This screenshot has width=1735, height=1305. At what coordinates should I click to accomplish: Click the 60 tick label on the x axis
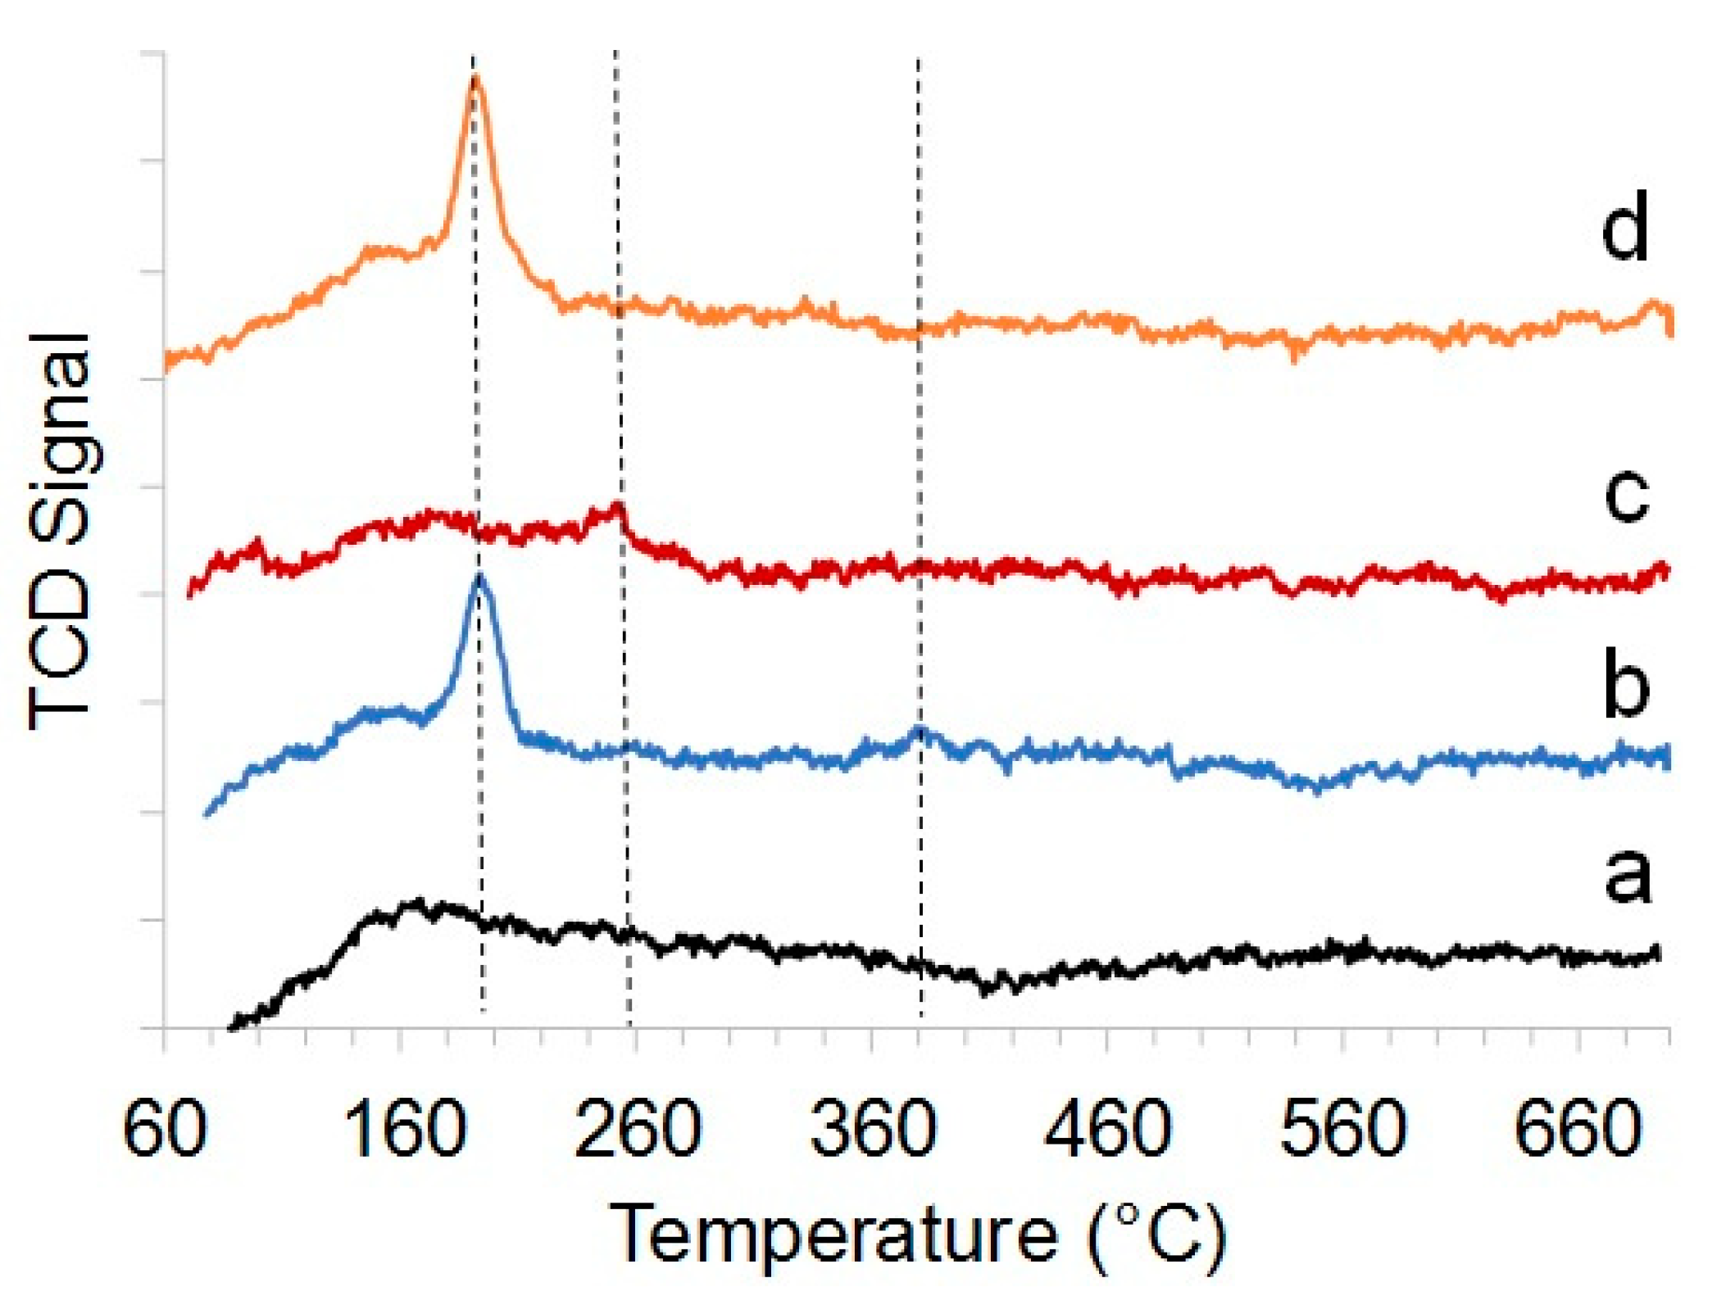(x=164, y=1129)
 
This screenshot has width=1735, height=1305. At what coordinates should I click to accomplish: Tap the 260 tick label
(x=638, y=1129)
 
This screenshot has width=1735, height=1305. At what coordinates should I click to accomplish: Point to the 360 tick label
(x=873, y=1129)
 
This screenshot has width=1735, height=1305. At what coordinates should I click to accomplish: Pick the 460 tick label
(x=1108, y=1129)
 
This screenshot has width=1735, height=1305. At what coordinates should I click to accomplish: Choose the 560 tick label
(x=1343, y=1129)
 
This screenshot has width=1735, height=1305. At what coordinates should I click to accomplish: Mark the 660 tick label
(x=1578, y=1129)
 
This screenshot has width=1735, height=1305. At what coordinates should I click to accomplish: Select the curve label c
(x=1626, y=496)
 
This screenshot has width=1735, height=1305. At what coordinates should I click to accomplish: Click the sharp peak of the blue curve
(x=479, y=576)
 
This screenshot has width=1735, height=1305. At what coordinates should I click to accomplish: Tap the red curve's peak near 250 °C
(x=618, y=505)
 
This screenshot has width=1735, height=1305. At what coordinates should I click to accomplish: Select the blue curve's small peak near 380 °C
(x=920, y=728)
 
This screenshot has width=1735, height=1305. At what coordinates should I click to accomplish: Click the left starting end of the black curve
(x=232, y=1026)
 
